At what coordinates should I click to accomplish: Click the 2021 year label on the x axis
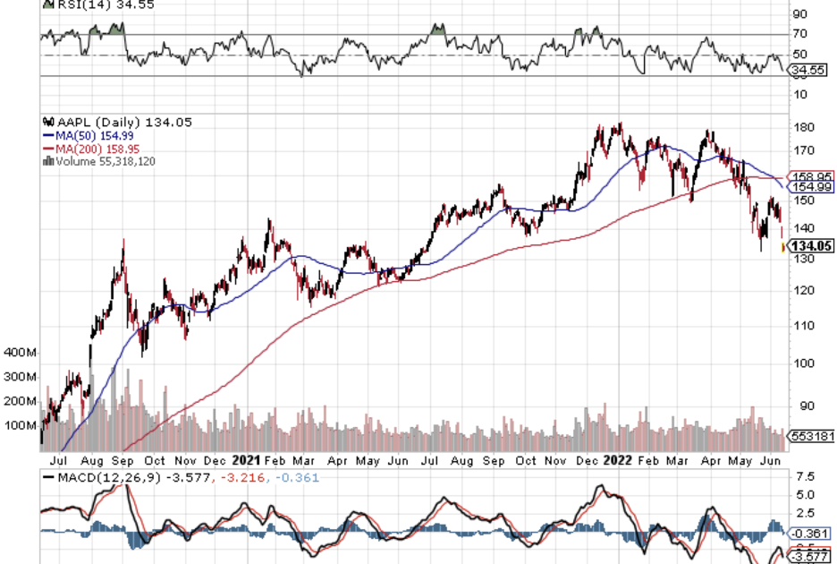pos(245,460)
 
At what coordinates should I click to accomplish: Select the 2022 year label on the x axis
pos(618,460)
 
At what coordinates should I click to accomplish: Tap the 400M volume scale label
pos(20,352)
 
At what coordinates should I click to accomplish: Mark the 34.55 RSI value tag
pos(810,69)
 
